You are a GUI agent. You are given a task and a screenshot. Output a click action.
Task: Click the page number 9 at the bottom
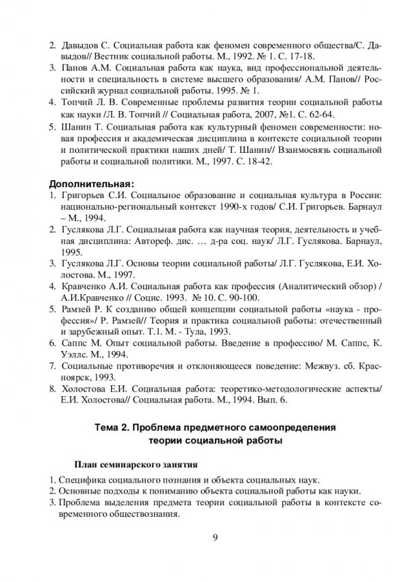click(214, 536)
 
